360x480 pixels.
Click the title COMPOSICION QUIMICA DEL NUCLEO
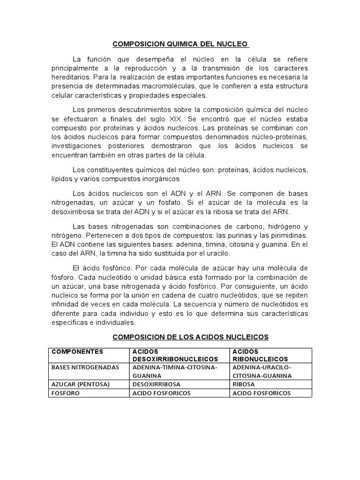click(x=180, y=45)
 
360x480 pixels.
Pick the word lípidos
click(x=61, y=179)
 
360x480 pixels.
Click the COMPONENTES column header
click(x=77, y=351)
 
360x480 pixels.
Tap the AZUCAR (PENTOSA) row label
click(x=80, y=384)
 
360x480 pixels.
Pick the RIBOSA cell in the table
click(x=243, y=384)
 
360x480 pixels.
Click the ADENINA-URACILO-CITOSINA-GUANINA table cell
click(x=262, y=372)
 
